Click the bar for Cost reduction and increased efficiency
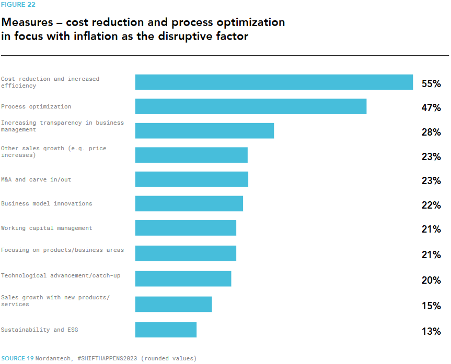point(274,82)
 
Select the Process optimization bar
point(251,106)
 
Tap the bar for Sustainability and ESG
point(166,330)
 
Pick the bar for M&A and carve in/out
point(191,179)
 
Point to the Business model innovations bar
point(189,203)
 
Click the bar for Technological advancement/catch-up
point(183,278)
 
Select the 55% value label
point(431,83)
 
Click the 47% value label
point(431,108)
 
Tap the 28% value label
point(431,132)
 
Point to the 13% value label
point(431,331)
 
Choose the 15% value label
point(431,306)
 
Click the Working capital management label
point(47,228)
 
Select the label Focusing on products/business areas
point(62,250)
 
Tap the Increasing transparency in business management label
point(62,126)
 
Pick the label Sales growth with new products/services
point(55,301)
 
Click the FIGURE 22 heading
point(18,5)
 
